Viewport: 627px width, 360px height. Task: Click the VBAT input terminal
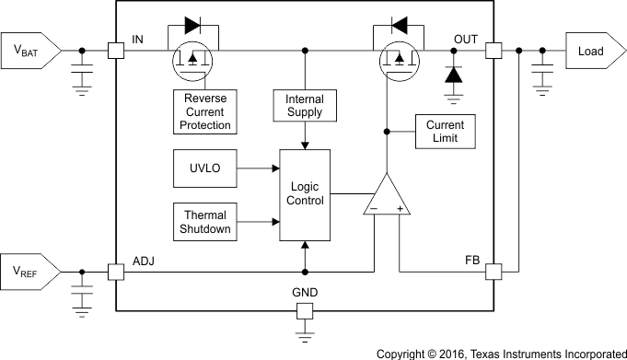tap(31, 51)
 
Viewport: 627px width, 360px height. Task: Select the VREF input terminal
tap(31, 272)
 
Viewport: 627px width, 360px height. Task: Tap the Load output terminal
tap(589, 51)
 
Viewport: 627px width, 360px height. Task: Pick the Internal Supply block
tap(304, 107)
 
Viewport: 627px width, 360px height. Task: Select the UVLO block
tap(203, 168)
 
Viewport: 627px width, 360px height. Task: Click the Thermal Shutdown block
tap(203, 222)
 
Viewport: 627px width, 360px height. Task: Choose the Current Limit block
tap(445, 132)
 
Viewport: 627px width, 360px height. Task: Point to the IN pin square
tap(116, 51)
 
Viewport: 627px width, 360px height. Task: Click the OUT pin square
tap(493, 51)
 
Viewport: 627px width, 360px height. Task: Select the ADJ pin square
tap(116, 272)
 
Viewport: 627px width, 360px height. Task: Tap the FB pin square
tap(493, 272)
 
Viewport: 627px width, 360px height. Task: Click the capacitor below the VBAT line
tap(82, 75)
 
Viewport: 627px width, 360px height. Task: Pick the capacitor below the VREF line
tap(82, 296)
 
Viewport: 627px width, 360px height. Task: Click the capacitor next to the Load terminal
tap(542, 75)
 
